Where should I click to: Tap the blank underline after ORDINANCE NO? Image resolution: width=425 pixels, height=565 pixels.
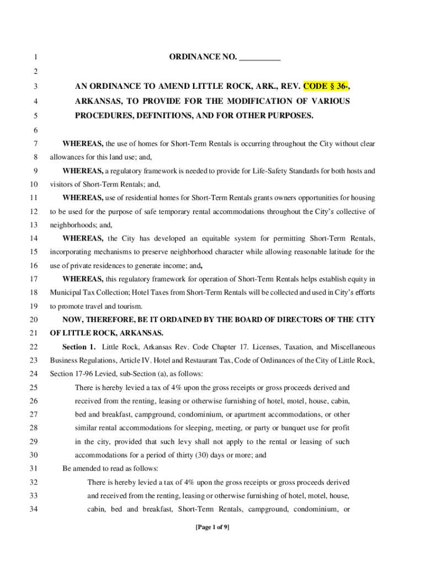click(x=261, y=58)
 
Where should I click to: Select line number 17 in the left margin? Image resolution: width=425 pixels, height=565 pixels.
click(x=34, y=279)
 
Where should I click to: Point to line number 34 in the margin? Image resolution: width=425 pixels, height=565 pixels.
click(x=34, y=509)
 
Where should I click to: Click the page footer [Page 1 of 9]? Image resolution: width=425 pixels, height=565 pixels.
click(x=212, y=527)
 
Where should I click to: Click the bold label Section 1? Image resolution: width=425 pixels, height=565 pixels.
click(x=79, y=347)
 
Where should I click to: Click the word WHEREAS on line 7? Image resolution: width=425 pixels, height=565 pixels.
click(x=83, y=144)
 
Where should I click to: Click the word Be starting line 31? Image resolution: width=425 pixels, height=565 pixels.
click(x=67, y=468)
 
